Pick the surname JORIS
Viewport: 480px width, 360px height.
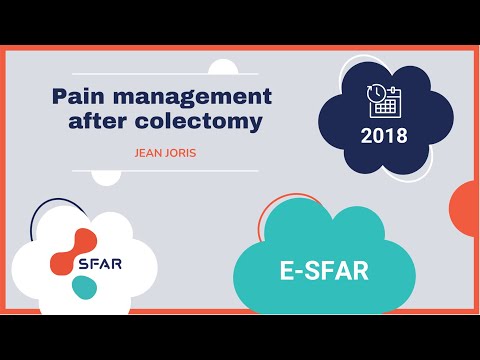point(177,154)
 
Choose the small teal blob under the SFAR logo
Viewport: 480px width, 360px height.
point(85,288)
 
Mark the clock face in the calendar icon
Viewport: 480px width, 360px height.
point(375,93)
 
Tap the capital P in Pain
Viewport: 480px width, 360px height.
point(59,98)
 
